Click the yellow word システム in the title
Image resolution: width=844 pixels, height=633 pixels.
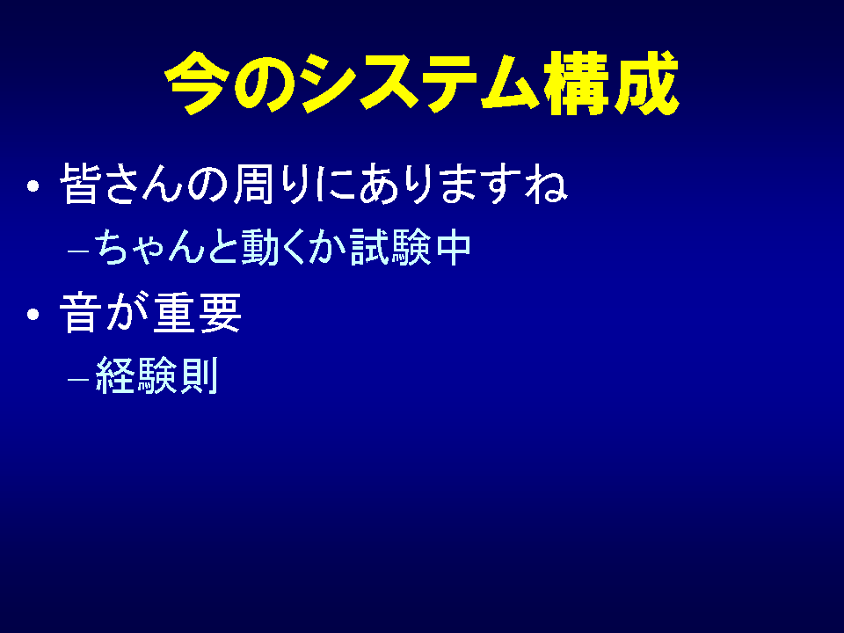coord(419,83)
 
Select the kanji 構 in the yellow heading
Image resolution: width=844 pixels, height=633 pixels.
coord(576,83)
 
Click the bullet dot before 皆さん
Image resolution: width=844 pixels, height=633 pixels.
coord(33,186)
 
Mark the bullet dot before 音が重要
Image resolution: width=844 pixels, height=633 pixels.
coord(33,314)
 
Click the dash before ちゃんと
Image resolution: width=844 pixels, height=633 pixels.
coord(78,251)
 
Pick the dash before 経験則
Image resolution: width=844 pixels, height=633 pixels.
coord(78,379)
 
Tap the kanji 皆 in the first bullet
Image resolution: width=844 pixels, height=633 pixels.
coord(79,184)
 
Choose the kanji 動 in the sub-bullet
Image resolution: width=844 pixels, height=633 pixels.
coord(259,248)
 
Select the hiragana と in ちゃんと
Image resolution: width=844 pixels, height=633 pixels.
coord(222,248)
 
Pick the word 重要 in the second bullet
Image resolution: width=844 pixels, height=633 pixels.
coord(197,313)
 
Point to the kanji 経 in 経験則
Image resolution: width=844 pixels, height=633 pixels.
coord(114,375)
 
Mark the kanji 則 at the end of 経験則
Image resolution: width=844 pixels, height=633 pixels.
coord(200,375)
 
